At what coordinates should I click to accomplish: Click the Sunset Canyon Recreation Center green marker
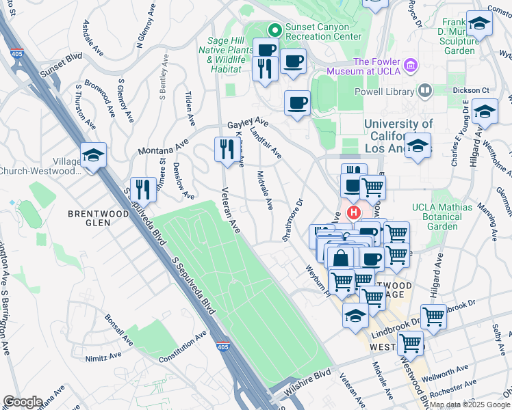click(x=274, y=29)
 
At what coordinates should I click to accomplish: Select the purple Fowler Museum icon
click(x=411, y=65)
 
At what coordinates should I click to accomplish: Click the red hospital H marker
click(x=354, y=213)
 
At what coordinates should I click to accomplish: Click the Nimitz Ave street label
click(x=103, y=357)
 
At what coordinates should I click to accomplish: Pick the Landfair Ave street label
click(x=266, y=143)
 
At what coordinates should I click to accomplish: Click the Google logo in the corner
click(x=22, y=402)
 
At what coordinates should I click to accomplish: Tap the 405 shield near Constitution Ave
click(x=222, y=346)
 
